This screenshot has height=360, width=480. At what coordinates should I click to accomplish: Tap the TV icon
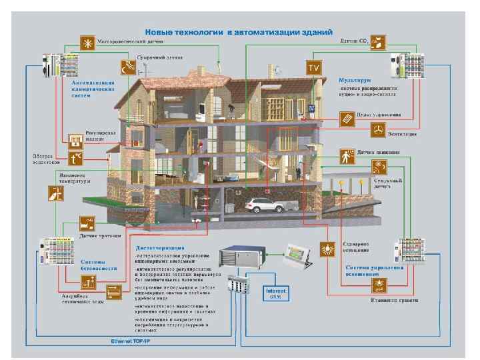click(313, 67)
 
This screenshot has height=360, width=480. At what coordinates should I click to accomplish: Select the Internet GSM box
click(275, 293)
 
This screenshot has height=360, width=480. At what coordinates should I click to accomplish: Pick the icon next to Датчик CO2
click(377, 43)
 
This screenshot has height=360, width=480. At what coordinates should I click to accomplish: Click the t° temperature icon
click(76, 158)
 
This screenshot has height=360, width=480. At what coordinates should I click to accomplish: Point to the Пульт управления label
click(381, 115)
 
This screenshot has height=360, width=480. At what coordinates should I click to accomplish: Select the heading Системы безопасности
click(93, 265)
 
